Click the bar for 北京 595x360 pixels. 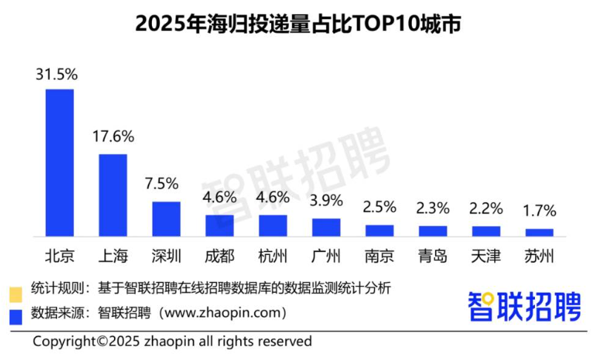60,163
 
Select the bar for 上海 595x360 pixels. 113,196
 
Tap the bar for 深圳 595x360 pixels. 167,219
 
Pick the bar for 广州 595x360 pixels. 326,227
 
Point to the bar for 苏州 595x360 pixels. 539,232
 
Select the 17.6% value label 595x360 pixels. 113,137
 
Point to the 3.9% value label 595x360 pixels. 326,201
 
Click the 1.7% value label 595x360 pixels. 539,211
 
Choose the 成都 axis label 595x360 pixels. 219,256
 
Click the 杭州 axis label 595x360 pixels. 273,256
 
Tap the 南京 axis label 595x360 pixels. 379,256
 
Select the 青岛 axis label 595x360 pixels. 433,256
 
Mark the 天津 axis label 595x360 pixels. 486,256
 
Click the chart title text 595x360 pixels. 298,24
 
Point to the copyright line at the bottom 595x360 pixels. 172,341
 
